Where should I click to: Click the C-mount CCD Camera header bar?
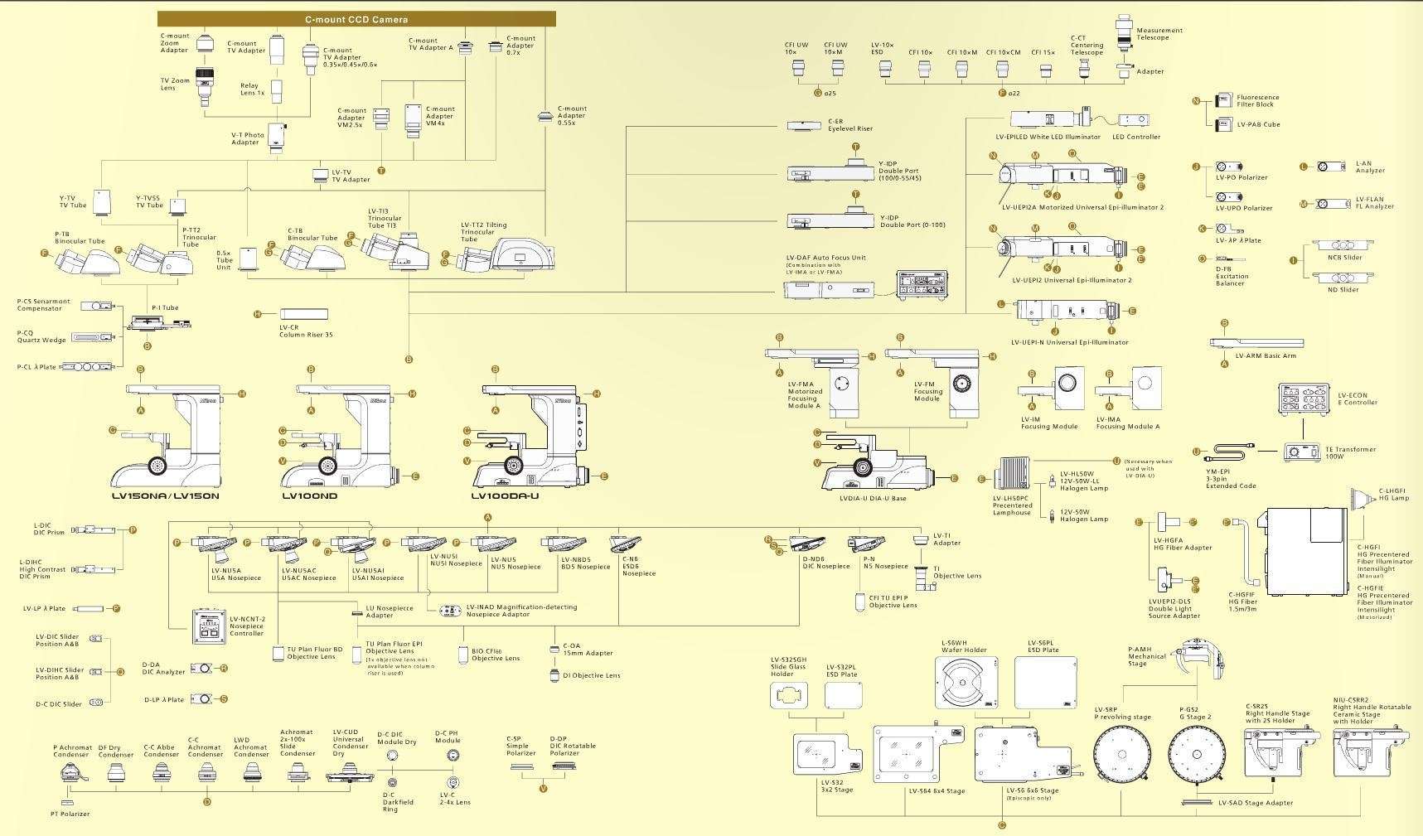click(x=356, y=19)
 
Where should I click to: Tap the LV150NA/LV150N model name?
click(x=166, y=496)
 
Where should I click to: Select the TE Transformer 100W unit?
click(x=1302, y=452)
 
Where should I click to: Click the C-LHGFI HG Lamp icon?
click(x=1363, y=498)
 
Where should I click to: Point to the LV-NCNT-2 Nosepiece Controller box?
click(x=209, y=627)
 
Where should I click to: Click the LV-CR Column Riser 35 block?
click(x=303, y=314)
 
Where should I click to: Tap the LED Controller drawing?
click(x=1133, y=121)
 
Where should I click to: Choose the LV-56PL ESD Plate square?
click(x=1045, y=684)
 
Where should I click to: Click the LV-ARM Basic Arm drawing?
click(x=1256, y=343)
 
